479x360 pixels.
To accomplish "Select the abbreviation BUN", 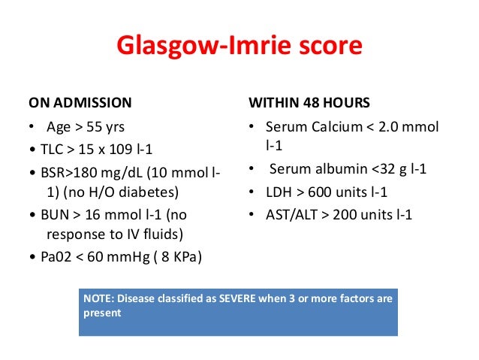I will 50,214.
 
